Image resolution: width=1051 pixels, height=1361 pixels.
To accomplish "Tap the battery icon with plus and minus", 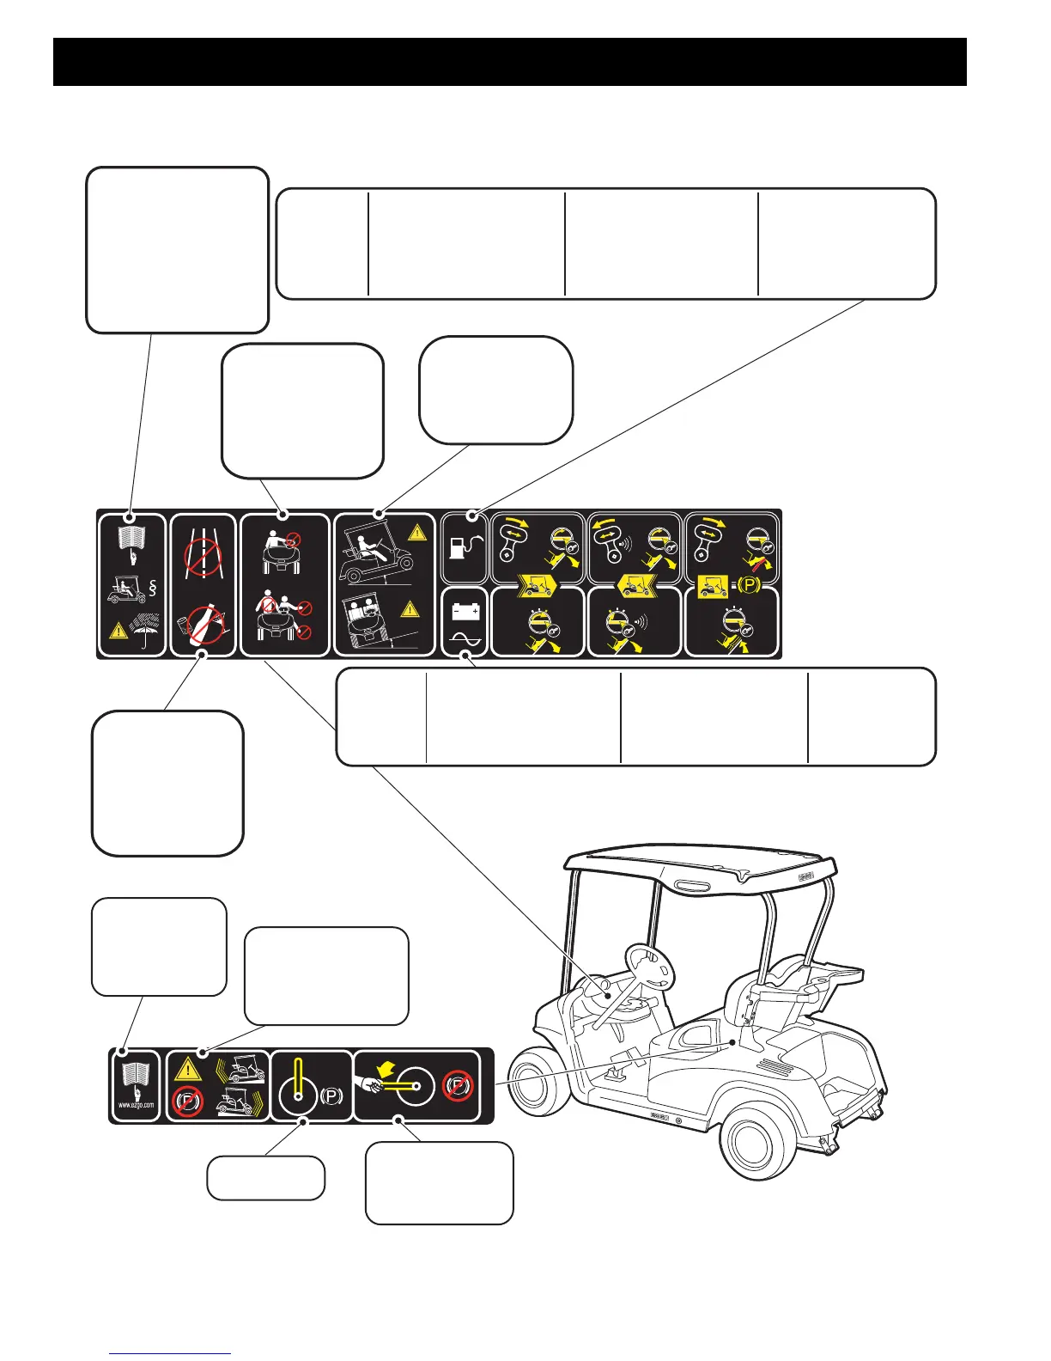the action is [465, 612].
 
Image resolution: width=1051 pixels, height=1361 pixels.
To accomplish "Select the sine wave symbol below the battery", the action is [465, 640].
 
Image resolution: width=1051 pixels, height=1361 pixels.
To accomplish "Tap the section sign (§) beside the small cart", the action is [152, 589].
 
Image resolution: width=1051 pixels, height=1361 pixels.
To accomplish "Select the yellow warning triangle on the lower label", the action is [189, 1070].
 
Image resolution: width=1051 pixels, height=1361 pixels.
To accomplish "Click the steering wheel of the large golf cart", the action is [651, 967].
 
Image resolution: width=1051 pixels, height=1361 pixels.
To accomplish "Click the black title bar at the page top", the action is [510, 61].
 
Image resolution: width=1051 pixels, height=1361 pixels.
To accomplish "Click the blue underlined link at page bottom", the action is [170, 1354].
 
